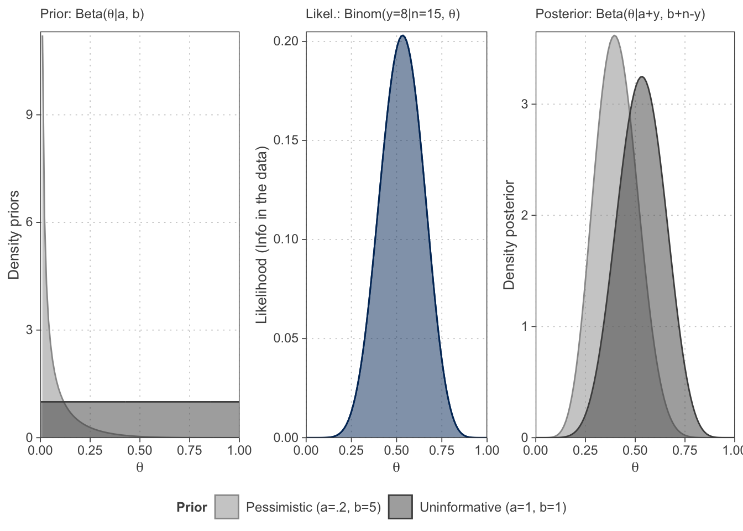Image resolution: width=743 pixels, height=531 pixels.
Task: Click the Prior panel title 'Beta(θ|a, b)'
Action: click(92, 14)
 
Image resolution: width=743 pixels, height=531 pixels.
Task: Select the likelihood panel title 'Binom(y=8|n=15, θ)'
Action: click(383, 14)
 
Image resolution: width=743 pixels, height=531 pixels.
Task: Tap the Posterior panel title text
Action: click(620, 14)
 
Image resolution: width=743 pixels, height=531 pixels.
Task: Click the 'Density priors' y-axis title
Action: click(14, 235)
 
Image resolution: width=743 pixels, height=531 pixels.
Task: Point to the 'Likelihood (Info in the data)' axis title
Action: click(261, 235)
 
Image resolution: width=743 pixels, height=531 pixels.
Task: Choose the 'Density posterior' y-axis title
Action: click(509, 235)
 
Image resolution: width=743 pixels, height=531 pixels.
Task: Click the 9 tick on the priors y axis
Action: click(29, 115)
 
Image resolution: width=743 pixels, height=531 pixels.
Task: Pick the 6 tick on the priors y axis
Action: click(29, 222)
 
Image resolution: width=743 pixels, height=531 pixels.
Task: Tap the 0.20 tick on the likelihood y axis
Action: click(286, 41)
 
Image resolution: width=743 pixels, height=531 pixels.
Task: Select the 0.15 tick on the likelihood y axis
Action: click(286, 140)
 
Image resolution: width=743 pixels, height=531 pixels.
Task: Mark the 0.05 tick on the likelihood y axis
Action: click(286, 339)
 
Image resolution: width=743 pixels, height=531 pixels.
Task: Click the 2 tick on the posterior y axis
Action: click(525, 216)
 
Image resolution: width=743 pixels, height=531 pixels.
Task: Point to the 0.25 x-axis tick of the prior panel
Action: click(90, 450)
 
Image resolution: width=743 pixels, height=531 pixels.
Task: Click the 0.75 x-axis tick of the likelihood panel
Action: click(442, 450)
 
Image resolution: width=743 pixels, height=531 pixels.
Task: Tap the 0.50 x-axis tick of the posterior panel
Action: click(635, 450)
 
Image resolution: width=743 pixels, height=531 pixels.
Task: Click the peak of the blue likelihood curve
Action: click(402, 36)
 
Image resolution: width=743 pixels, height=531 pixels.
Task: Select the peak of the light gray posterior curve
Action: click(614, 36)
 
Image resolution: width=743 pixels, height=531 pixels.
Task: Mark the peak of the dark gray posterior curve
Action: click(641, 77)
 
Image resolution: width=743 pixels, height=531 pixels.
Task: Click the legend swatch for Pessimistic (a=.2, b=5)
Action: click(227, 507)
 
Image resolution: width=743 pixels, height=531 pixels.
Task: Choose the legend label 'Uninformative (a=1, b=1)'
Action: click(493, 507)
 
